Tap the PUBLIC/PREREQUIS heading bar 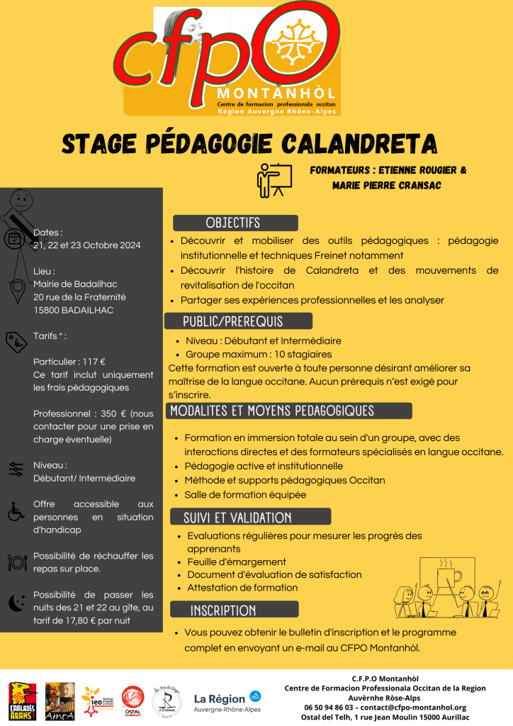pos(232,321)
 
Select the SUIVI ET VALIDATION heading pos(237,517)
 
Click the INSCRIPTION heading pos(223,610)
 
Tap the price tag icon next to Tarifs pos(16,342)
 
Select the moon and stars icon pos(16,603)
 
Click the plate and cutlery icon pos(16,562)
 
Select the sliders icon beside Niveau pos(16,469)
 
